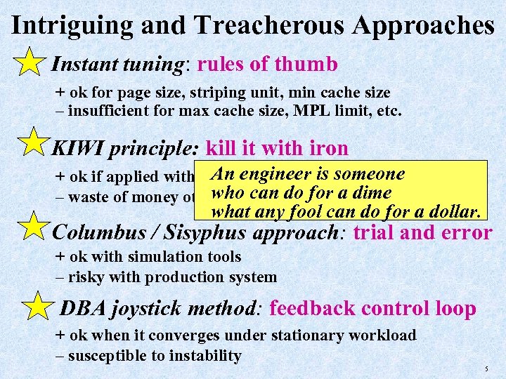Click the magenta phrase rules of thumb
268,65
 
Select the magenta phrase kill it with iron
277,148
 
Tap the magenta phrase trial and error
422,233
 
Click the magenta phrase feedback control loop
372,308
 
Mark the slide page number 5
487,368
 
